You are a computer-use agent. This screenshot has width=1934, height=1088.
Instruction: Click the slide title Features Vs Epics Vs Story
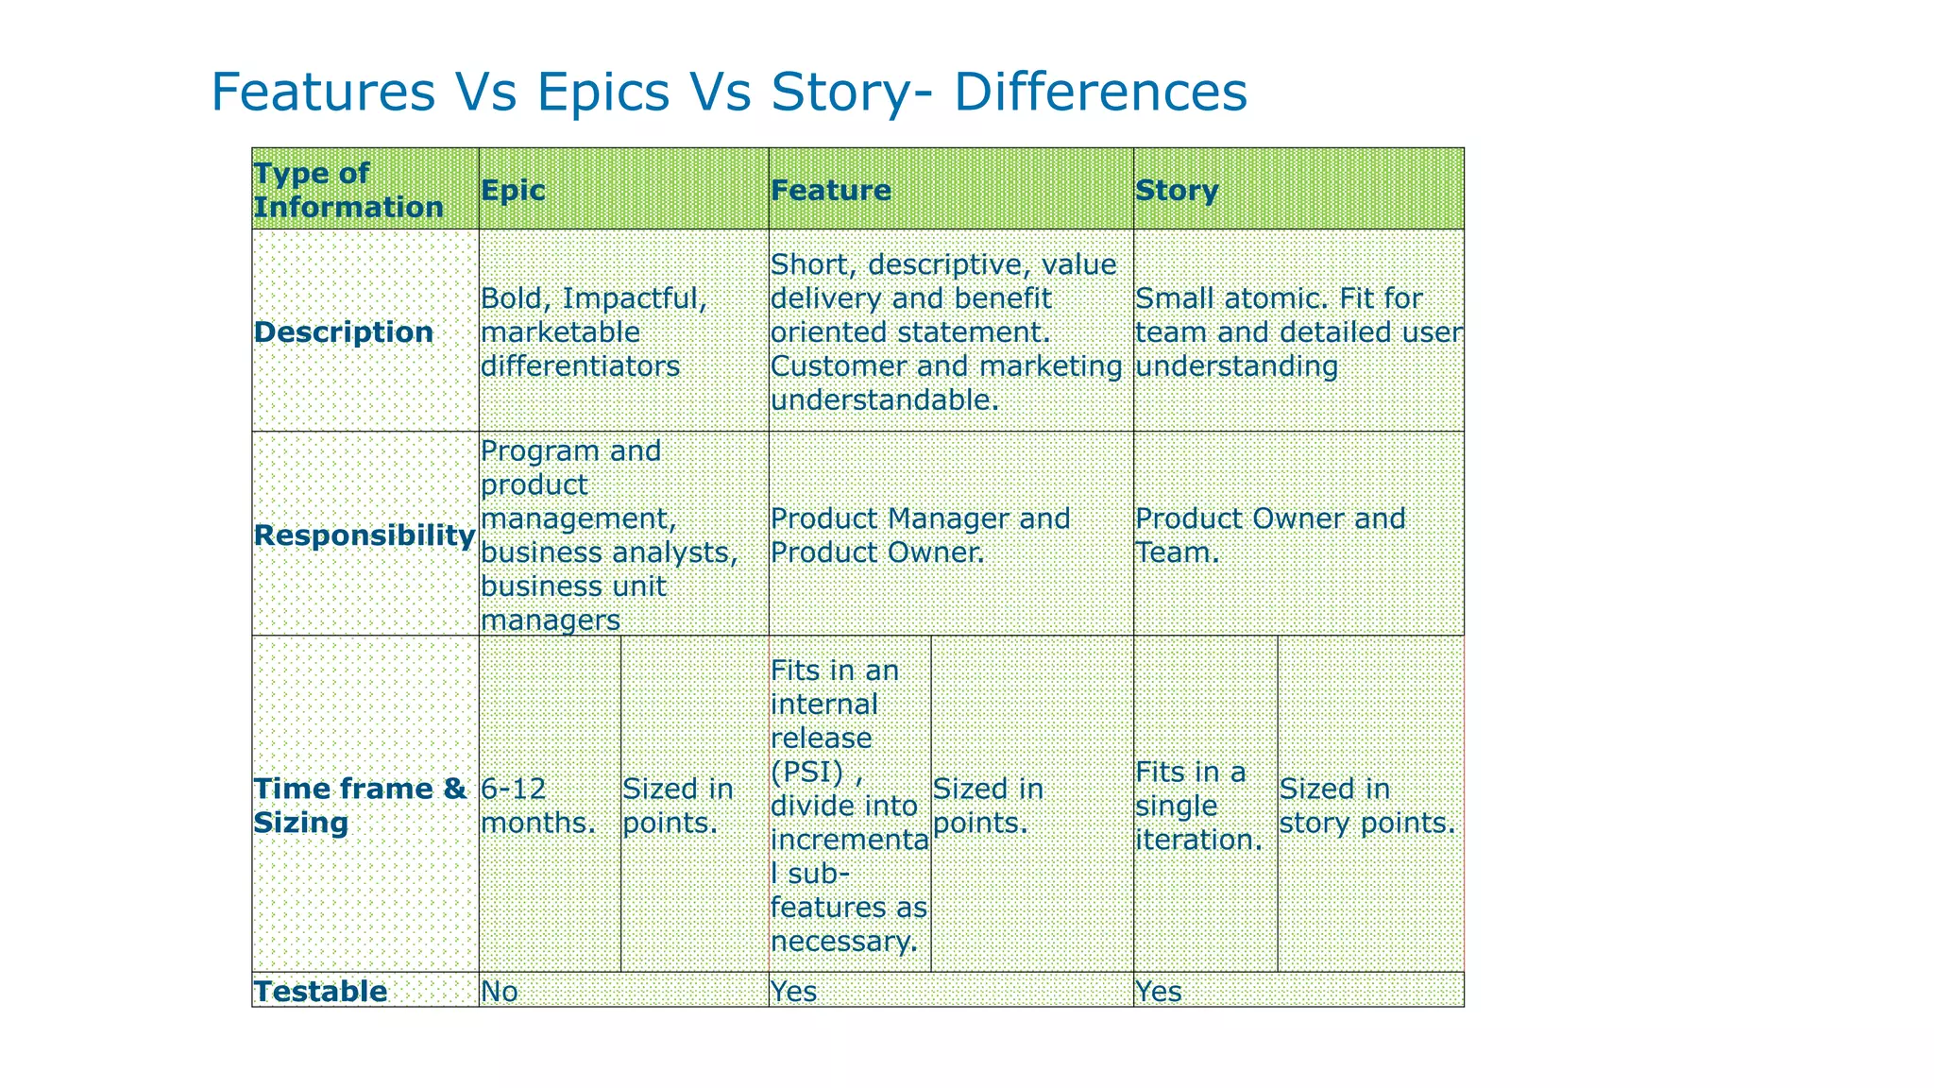point(728,93)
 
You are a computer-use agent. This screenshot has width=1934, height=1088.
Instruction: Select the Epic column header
point(513,190)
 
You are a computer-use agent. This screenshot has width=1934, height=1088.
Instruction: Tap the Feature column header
point(830,190)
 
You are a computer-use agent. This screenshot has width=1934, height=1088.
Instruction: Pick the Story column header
point(1176,190)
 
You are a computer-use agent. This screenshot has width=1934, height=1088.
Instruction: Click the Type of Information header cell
point(348,190)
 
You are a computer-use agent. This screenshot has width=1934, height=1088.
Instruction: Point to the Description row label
point(344,332)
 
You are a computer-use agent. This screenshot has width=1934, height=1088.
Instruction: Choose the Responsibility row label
point(365,535)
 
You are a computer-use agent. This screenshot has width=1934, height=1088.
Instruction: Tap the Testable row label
point(321,991)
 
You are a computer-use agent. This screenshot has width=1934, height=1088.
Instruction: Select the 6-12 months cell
point(537,805)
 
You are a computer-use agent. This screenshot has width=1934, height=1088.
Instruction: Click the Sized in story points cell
point(1366,805)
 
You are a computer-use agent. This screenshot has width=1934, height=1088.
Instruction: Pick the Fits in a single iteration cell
point(1198,805)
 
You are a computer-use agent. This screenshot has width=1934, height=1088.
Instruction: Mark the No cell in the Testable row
point(500,991)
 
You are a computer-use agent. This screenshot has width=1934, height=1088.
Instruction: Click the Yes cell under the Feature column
point(793,991)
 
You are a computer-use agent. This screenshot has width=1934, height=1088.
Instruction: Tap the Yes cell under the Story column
point(1158,991)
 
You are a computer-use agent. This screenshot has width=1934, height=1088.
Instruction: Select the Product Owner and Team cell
point(1269,535)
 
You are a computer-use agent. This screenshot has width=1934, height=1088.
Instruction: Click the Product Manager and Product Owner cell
point(920,535)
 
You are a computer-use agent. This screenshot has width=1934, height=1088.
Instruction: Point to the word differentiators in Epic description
point(580,366)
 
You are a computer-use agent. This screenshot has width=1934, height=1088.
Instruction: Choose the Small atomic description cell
point(1298,332)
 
